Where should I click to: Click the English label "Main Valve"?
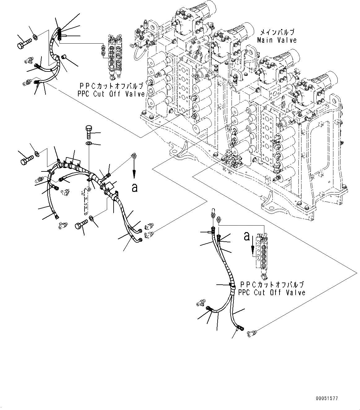coord(277,40)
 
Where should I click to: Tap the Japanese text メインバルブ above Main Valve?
coord(276,32)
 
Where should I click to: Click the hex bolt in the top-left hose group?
coord(24,42)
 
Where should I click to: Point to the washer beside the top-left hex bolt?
coord(36,38)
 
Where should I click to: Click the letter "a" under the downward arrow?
coord(134,188)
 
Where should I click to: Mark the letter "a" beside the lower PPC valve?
coord(247,236)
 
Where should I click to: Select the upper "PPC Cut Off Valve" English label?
coord(111,94)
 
